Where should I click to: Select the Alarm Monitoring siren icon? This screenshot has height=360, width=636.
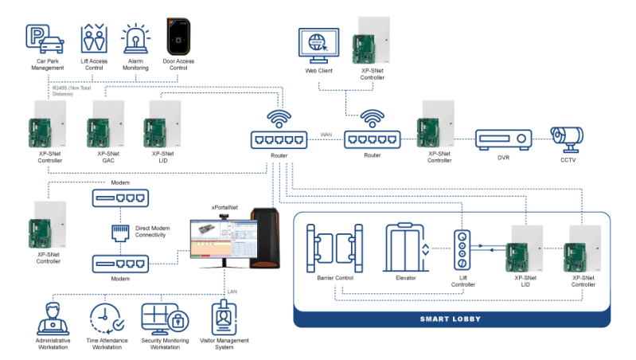click(135, 37)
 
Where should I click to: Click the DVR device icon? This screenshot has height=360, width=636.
click(502, 139)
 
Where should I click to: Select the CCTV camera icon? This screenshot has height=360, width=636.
click(570, 138)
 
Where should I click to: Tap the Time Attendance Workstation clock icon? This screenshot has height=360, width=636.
click(105, 315)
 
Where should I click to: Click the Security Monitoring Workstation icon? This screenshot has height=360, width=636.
click(162, 316)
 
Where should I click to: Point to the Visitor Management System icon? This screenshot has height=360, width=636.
click(224, 316)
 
